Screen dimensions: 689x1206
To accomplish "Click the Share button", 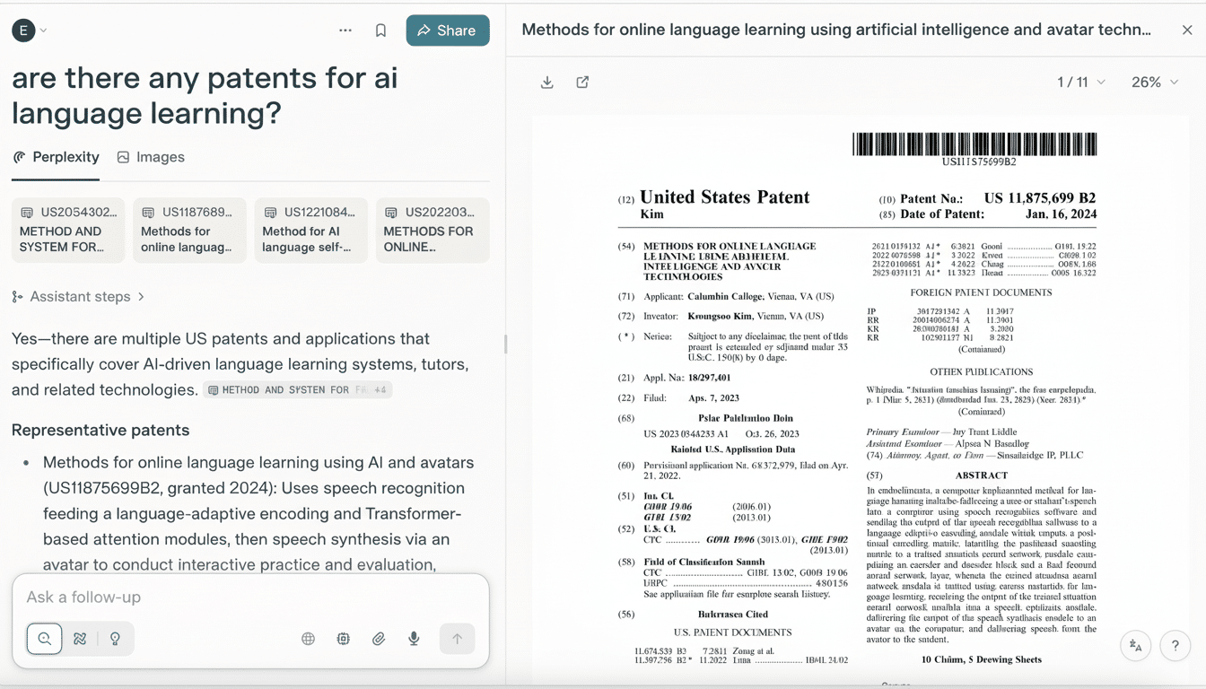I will click(447, 31).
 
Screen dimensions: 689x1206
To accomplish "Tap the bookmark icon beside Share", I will click(380, 31).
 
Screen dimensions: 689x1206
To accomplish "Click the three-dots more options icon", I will click(345, 31).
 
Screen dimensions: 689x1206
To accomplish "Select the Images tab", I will click(151, 157).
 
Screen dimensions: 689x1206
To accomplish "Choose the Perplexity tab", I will click(56, 157).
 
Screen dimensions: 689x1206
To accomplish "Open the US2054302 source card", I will click(68, 230).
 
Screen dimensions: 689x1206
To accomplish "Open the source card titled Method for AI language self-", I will click(310, 230).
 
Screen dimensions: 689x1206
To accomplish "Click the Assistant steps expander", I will click(79, 297).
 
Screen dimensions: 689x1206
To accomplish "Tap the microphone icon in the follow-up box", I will click(414, 639).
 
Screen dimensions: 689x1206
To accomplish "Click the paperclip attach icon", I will click(379, 639).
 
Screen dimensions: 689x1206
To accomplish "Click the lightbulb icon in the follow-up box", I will click(115, 639).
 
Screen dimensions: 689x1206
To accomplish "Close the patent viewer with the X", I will click(1187, 30).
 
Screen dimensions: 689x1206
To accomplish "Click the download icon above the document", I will click(547, 83).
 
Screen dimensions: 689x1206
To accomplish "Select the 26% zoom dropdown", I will click(1154, 83).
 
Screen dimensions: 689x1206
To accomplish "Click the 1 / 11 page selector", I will click(1080, 83).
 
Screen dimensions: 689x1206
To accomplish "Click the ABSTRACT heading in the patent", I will click(981, 475).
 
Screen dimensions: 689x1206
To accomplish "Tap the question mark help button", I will click(1175, 645).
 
